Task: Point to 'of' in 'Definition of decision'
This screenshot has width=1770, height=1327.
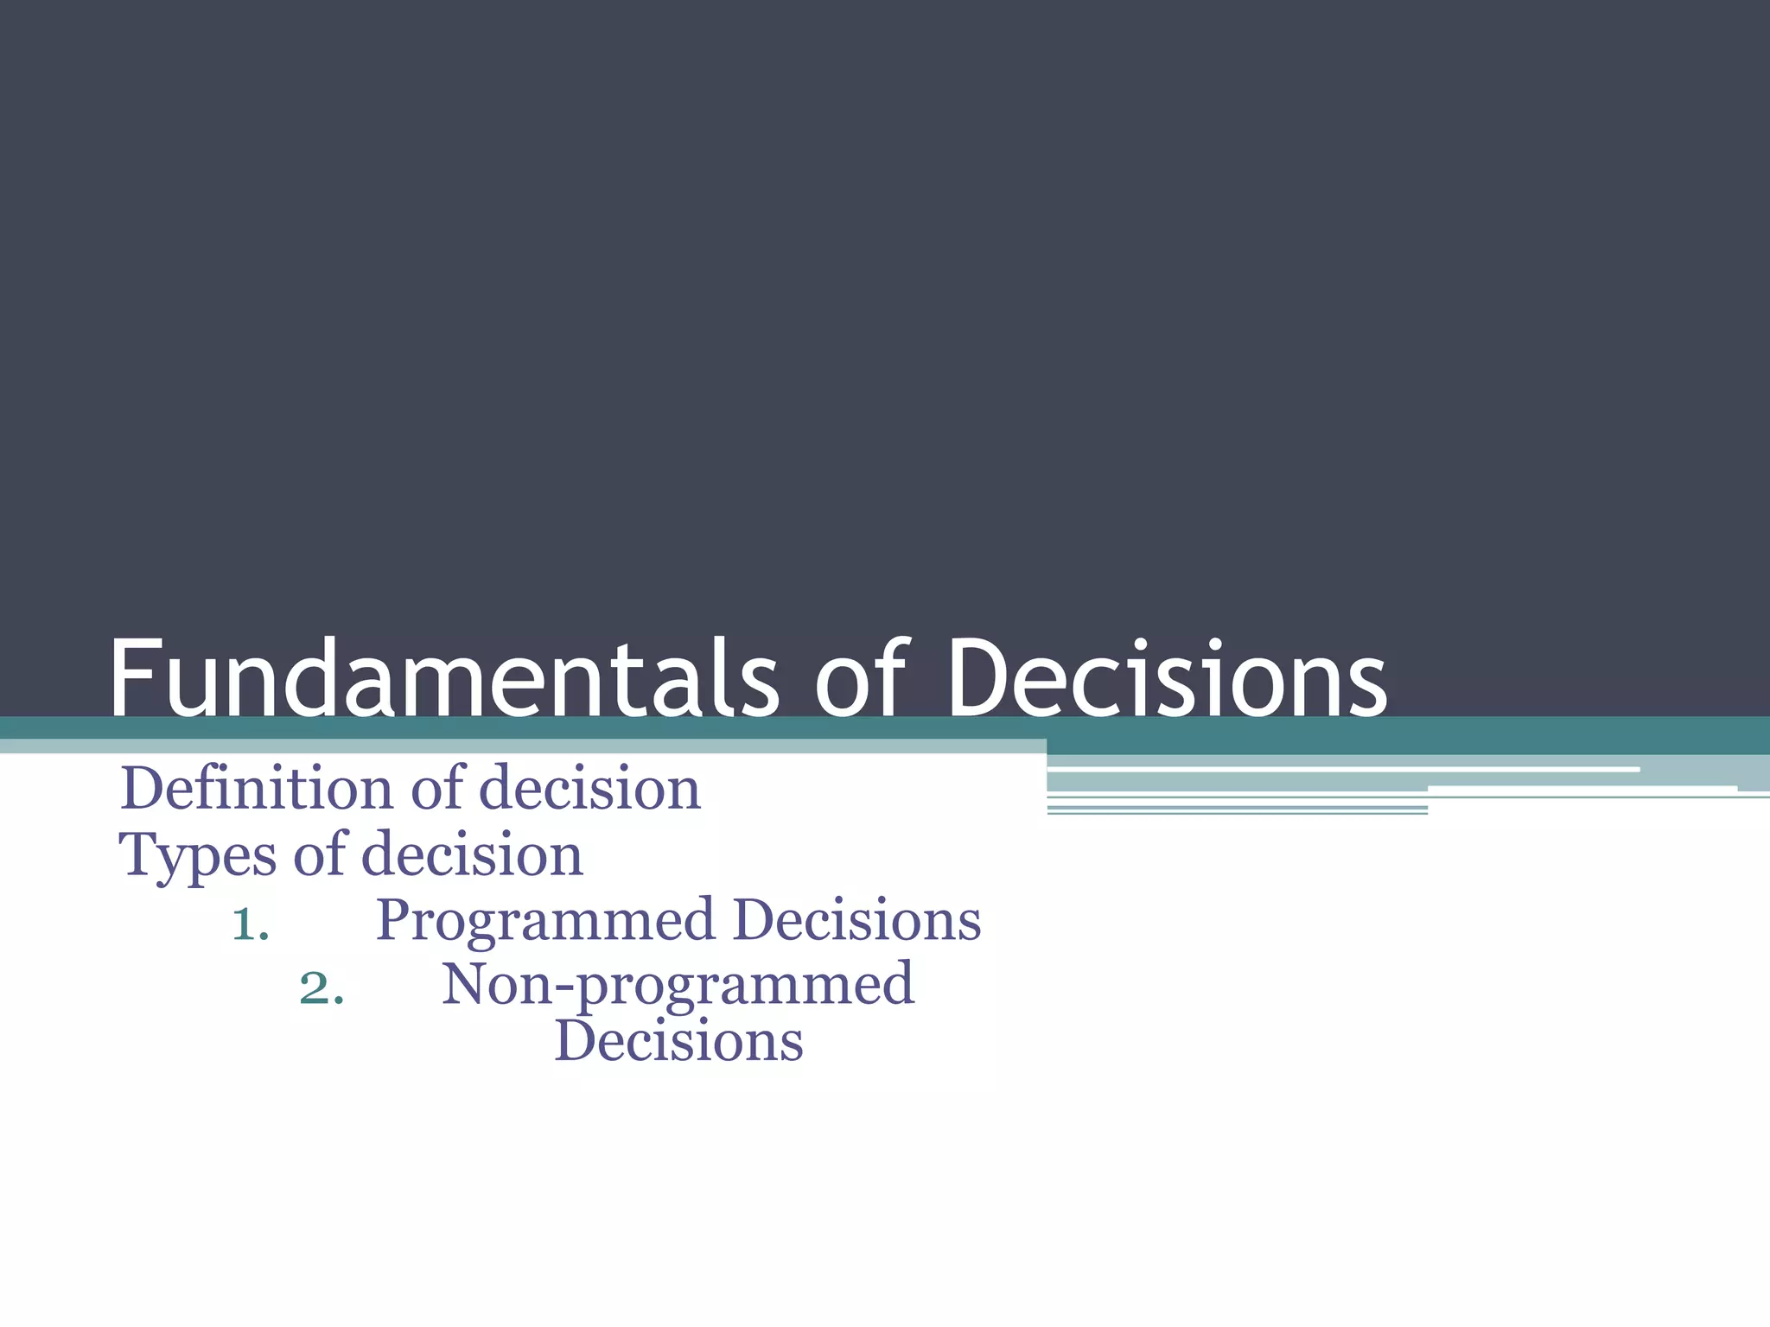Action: point(438,788)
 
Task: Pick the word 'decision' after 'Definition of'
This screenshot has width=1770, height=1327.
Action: point(589,790)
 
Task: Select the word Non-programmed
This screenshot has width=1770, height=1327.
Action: point(678,986)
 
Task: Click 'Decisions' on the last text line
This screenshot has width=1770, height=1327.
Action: point(678,1041)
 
